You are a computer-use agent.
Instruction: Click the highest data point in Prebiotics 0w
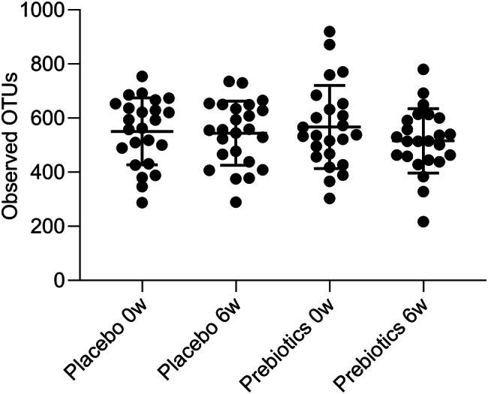pyautogui.click(x=329, y=32)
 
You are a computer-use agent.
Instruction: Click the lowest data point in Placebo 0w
pyautogui.click(x=141, y=203)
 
